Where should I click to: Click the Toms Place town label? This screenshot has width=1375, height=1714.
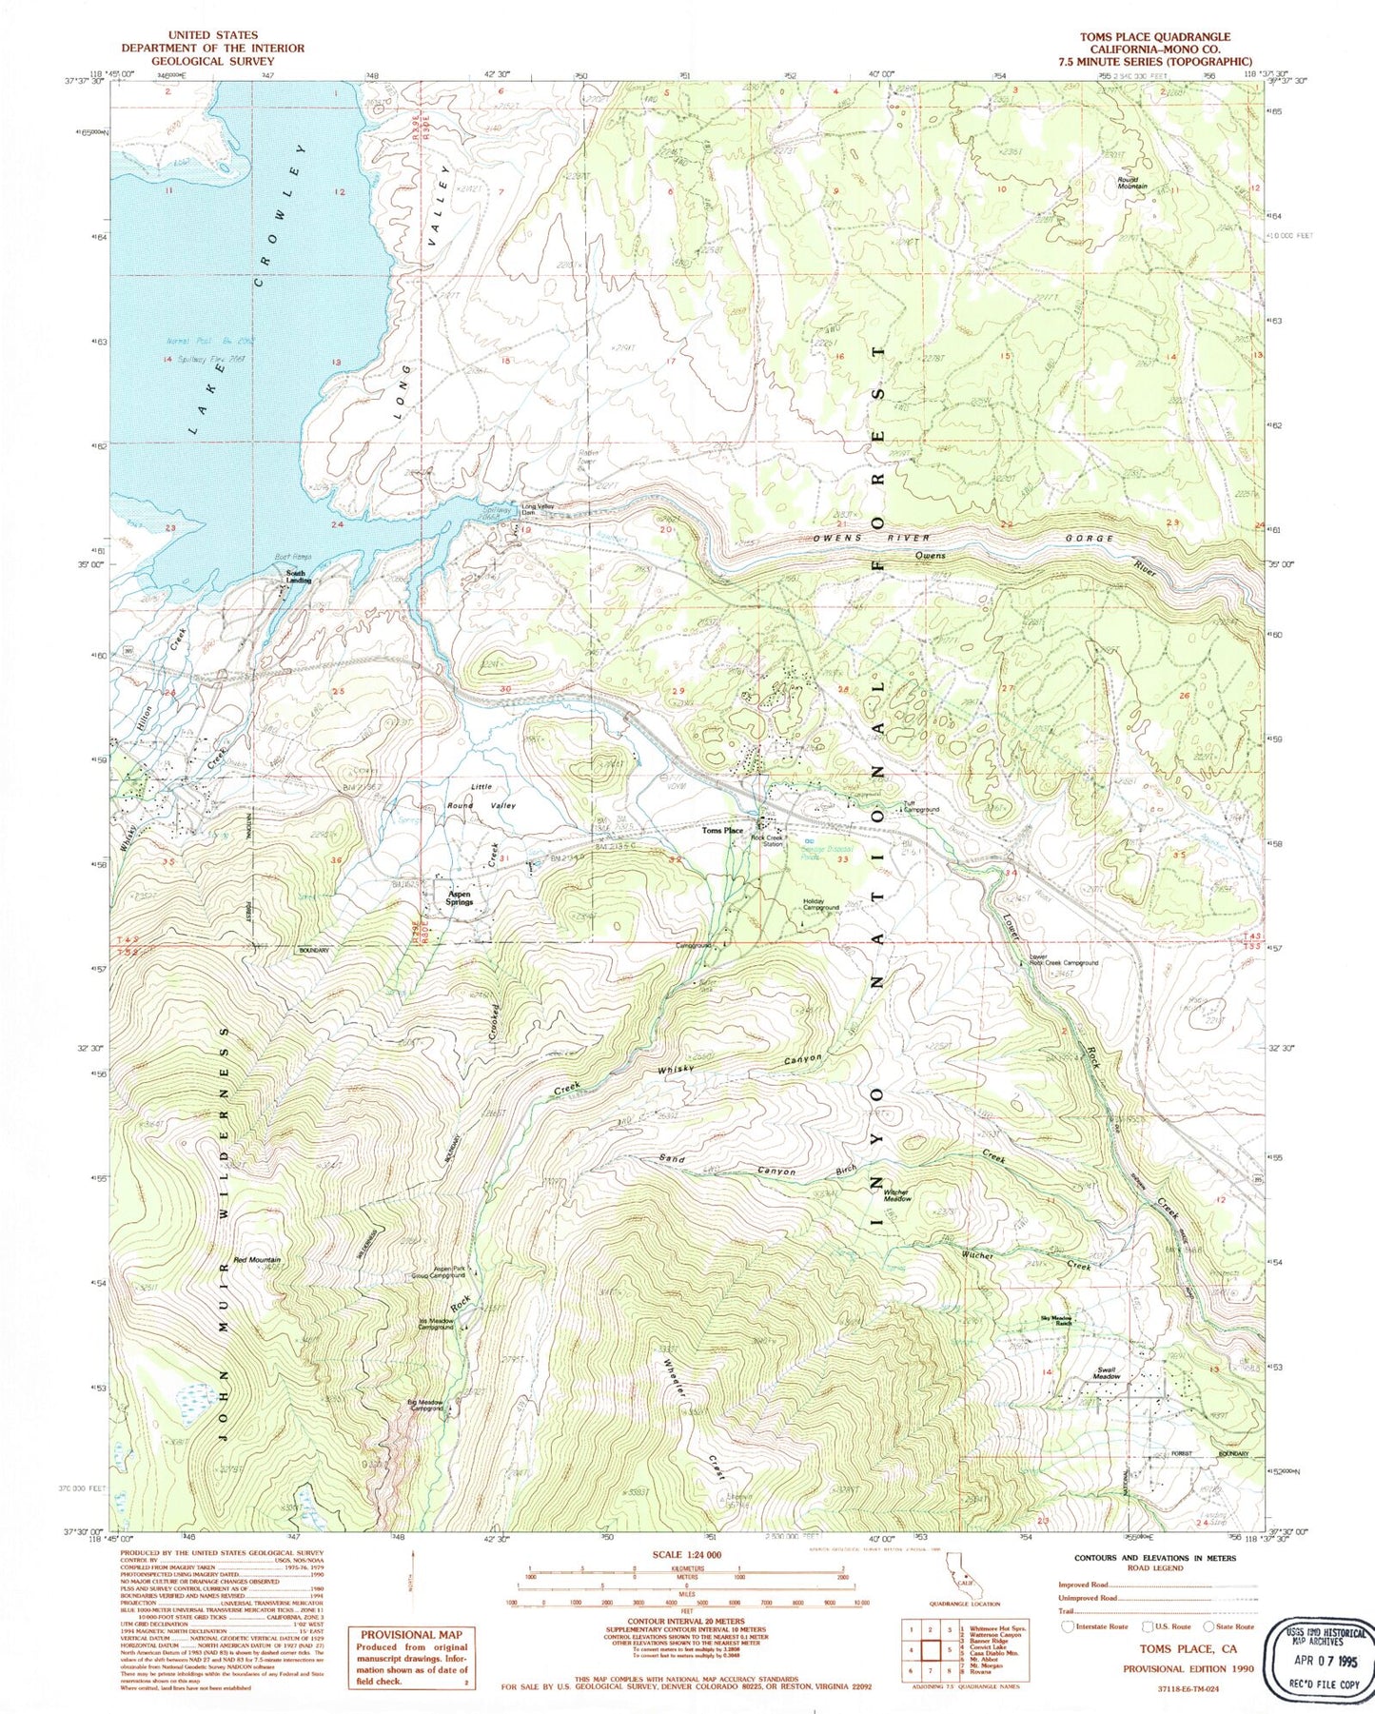click(x=722, y=831)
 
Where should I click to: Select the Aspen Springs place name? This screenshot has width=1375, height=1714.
click(x=459, y=897)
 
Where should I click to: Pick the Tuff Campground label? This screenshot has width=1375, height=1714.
click(x=921, y=806)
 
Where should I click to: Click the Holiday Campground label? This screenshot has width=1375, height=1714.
click(x=820, y=904)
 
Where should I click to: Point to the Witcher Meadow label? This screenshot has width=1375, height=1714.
click(x=897, y=1195)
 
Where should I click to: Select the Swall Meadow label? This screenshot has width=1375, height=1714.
click(x=1106, y=1373)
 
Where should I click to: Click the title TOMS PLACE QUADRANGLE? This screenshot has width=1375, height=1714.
click(x=1154, y=36)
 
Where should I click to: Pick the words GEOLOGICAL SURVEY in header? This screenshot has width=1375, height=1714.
click(x=212, y=61)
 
